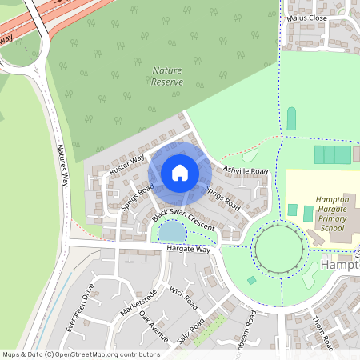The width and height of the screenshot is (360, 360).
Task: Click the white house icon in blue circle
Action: point(180,172)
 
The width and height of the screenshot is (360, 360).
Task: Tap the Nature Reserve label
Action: point(167,76)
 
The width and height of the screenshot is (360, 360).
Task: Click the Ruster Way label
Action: point(127,164)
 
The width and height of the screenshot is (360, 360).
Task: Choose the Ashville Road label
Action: point(246,170)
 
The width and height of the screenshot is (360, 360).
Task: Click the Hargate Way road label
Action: point(188,250)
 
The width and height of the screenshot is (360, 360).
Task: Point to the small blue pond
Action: point(171,232)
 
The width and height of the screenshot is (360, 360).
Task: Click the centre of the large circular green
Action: point(280,249)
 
